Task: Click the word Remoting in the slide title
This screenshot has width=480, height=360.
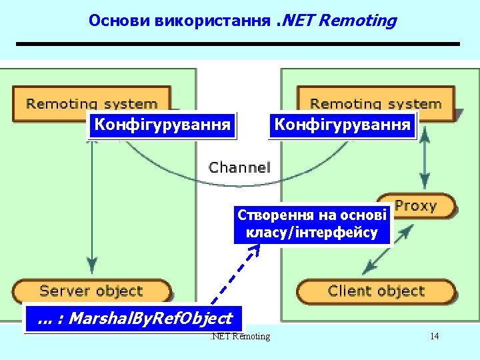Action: tap(357, 21)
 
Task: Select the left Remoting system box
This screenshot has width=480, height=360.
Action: tap(92, 103)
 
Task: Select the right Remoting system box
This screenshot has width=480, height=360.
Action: tap(375, 103)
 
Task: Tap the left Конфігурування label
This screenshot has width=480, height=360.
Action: tap(163, 125)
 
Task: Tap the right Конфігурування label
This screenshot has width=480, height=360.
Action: tap(342, 125)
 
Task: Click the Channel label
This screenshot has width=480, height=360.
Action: tap(239, 167)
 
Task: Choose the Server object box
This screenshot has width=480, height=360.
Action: tap(91, 291)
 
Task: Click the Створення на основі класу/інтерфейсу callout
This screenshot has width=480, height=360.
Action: tap(312, 225)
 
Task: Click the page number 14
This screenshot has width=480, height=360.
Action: tap(434, 336)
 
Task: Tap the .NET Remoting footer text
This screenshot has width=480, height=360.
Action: tap(240, 336)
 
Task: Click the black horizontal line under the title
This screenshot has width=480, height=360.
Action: tap(238, 44)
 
